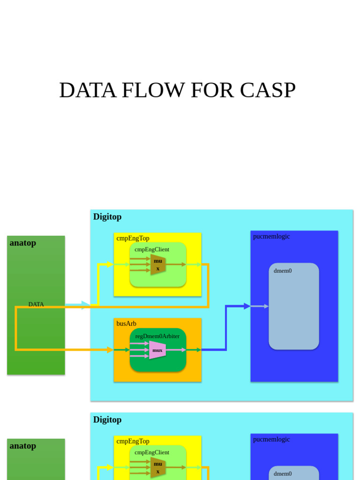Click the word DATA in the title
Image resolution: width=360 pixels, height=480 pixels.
point(88,90)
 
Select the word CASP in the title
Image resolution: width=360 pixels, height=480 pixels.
point(268,90)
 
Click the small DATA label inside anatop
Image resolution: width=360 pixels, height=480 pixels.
point(36,304)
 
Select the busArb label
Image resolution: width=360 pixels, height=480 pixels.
point(127,323)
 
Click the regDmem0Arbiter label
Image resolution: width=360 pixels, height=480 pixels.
point(157,336)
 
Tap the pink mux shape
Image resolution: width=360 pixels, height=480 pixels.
point(157,350)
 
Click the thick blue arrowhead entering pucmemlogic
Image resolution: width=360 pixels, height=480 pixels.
point(247,306)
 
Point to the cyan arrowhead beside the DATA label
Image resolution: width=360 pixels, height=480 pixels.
point(85,305)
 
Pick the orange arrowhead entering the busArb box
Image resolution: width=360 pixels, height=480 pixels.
point(110,350)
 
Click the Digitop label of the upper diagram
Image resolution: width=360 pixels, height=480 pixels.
point(107,217)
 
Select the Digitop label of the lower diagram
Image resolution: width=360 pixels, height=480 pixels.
point(107,420)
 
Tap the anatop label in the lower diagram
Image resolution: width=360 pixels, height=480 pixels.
point(23,446)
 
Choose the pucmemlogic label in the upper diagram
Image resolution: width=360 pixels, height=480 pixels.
point(271,236)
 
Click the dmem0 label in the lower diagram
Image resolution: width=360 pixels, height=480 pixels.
point(283,473)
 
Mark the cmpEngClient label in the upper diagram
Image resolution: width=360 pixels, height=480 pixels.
point(152,249)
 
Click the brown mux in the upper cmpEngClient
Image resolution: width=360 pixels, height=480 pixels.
point(158,265)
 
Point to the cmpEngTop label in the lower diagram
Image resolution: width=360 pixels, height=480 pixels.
point(133,441)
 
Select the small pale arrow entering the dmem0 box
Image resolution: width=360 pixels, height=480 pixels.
point(266,306)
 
